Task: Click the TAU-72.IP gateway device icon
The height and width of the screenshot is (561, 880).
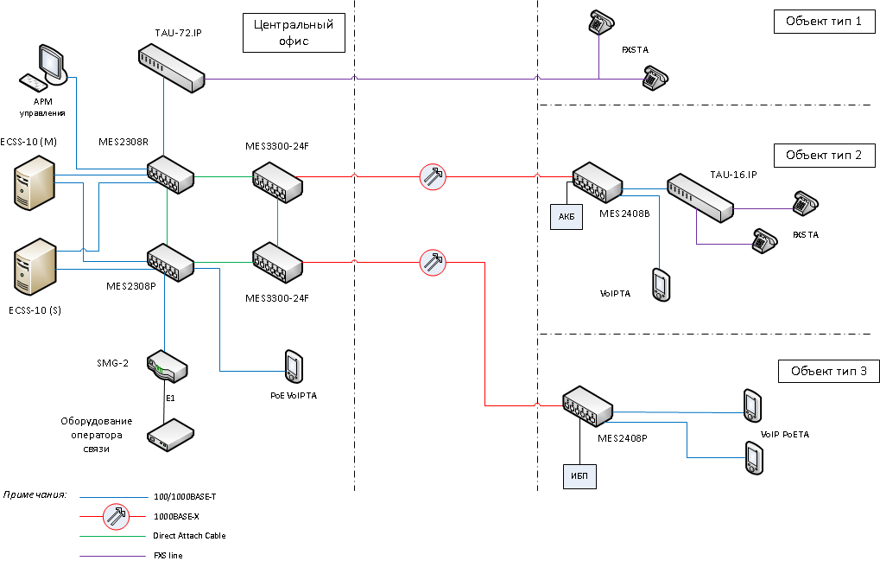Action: pyautogui.click(x=171, y=68)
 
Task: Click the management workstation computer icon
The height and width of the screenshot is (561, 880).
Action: pyautogui.click(x=44, y=69)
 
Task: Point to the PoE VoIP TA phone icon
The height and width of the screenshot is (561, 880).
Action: pyautogui.click(x=294, y=367)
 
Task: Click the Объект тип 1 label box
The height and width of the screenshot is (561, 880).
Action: pyautogui.click(x=823, y=22)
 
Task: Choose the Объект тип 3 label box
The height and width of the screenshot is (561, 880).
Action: pyautogui.click(x=828, y=372)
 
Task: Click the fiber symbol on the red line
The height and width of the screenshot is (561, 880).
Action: pyautogui.click(x=432, y=177)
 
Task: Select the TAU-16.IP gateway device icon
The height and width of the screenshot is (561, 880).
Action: pyautogui.click(x=700, y=196)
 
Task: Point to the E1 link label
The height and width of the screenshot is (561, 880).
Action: pyautogui.click(x=171, y=398)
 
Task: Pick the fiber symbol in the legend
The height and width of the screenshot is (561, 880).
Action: pyautogui.click(x=115, y=517)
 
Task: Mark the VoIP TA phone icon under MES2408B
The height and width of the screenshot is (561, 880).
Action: pyautogui.click(x=661, y=285)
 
